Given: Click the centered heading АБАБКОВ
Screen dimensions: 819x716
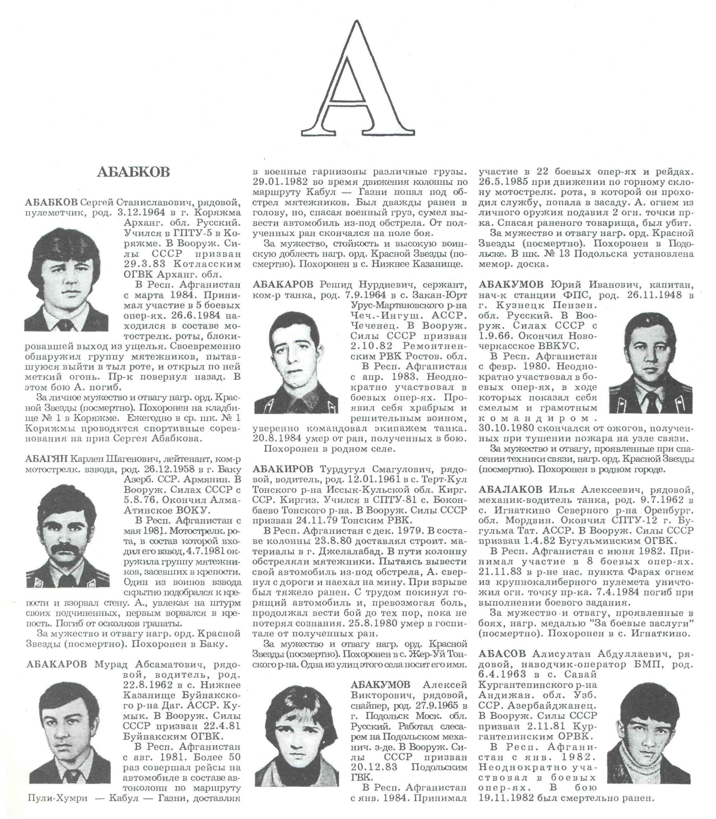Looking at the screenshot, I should point(133,172).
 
